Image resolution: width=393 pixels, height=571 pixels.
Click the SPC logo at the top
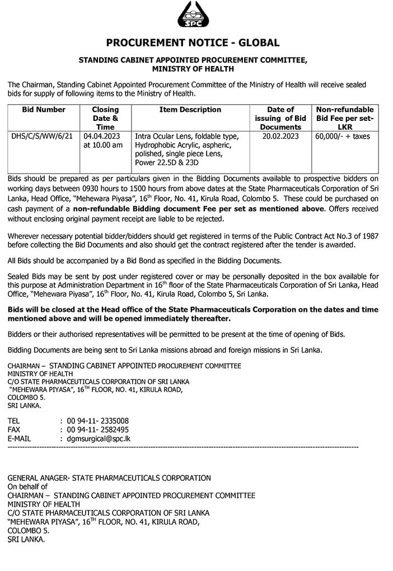click(193, 15)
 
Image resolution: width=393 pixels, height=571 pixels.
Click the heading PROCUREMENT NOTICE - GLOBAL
click(193, 43)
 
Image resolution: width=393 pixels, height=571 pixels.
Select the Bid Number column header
click(44, 110)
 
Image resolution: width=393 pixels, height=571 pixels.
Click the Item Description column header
click(190, 110)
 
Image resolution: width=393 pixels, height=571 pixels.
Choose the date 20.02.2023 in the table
click(280, 136)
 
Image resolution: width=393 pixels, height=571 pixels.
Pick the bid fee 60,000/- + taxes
click(343, 136)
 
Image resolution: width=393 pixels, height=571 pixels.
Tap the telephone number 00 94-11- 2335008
click(98, 420)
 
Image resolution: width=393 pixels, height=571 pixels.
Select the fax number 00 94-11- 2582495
click(98, 429)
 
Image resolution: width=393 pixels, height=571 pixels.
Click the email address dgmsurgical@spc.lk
click(99, 438)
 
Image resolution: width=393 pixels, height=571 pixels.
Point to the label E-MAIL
click(19, 438)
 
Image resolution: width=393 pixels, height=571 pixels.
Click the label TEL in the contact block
click(14, 420)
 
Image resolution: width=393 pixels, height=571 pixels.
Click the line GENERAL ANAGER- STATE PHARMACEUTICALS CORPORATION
click(109, 478)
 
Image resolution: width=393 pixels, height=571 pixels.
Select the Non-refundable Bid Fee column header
click(344, 118)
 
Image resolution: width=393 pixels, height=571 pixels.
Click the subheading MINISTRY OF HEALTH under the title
click(193, 69)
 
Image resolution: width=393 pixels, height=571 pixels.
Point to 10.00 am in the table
click(103, 145)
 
